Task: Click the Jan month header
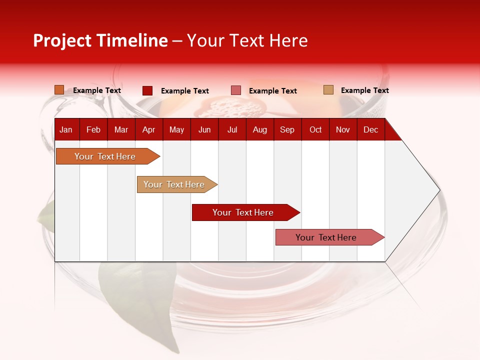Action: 66,129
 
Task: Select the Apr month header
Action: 148,129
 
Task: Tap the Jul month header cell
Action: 232,129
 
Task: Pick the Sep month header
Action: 287,129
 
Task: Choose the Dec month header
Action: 370,129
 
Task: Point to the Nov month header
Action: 342,129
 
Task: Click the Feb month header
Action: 93,129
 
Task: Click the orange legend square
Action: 59,90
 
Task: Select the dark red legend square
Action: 147,90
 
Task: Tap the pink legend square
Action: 236,90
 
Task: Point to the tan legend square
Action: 328,90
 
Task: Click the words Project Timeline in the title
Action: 100,40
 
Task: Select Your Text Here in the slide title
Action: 247,40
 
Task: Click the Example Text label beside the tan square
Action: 364,90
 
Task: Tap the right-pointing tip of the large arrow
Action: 438,189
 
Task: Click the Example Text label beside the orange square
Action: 97,90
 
